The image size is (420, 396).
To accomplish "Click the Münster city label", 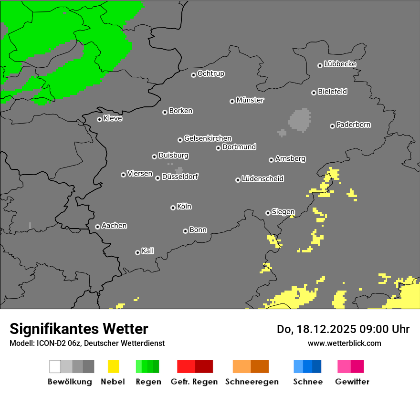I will (250, 100).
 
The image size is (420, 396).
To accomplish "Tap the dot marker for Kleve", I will (99, 119).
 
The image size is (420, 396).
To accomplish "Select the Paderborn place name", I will (353, 125).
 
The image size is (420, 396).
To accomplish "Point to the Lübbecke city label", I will (340, 64).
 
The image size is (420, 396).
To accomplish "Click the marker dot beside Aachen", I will (97, 227).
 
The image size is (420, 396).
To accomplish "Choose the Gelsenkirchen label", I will (208, 138).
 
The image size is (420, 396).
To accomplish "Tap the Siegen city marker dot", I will (268, 213).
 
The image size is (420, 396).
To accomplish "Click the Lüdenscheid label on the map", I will (262, 179).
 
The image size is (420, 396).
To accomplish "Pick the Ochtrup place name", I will (210, 73).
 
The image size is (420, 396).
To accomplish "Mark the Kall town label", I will (148, 251).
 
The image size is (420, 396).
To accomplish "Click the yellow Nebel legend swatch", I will (113, 366).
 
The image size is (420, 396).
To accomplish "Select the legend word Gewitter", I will (352, 382).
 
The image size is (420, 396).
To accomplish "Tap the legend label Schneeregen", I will (252, 382).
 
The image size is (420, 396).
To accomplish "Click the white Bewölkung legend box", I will (55, 366).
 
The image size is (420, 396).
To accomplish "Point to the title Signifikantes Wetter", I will (79, 329).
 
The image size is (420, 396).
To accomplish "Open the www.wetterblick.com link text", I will (344, 343).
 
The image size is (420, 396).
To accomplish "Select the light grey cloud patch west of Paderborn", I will (300, 120).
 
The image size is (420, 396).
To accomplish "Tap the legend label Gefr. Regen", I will (194, 382).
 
